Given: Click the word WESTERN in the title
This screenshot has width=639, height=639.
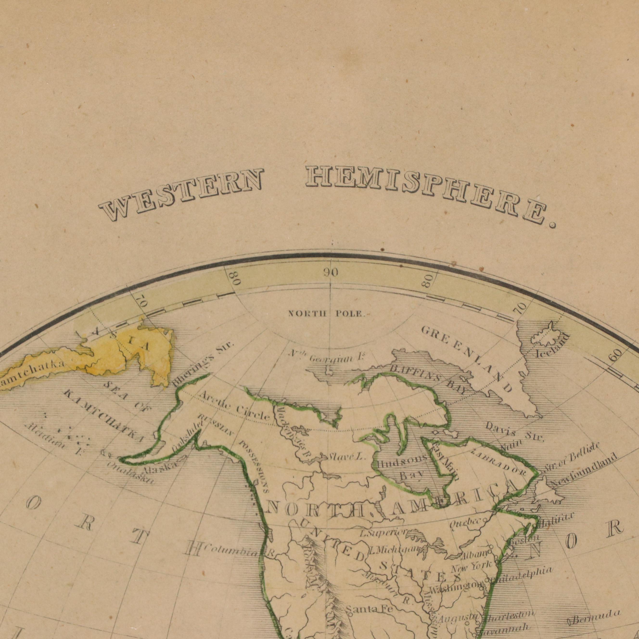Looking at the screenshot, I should point(181,194).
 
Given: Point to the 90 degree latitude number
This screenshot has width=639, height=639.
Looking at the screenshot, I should point(331,273).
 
